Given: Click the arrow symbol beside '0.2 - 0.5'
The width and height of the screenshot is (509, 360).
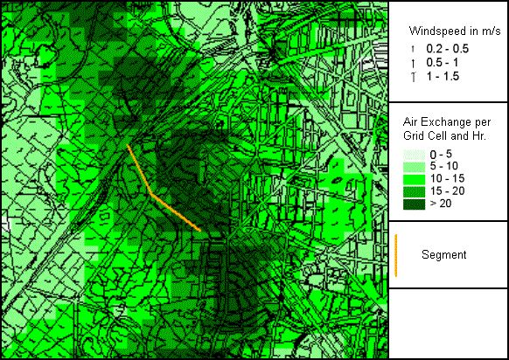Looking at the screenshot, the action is click(x=408, y=47).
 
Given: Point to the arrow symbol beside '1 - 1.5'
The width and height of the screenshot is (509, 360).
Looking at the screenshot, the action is click(x=408, y=77).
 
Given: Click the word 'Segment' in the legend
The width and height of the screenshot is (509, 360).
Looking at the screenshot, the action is click(x=443, y=255).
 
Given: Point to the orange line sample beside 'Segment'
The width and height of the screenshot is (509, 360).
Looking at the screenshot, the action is click(x=396, y=255).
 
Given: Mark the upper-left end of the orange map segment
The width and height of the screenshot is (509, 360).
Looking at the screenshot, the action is click(x=129, y=146).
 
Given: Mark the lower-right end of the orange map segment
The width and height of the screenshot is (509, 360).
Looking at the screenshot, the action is click(x=201, y=232).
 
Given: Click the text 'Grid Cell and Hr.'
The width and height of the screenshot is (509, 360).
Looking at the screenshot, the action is click(x=444, y=137).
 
